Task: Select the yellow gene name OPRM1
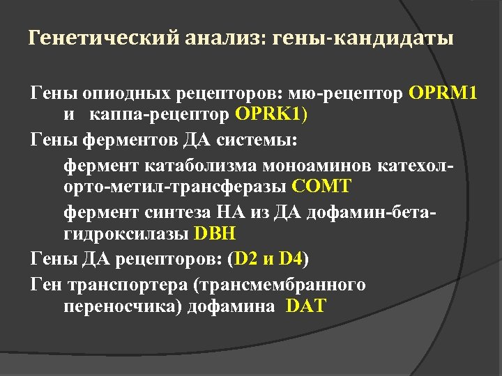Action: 444,93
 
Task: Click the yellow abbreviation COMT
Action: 323,187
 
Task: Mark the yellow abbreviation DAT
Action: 306,306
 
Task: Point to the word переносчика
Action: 123,306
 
